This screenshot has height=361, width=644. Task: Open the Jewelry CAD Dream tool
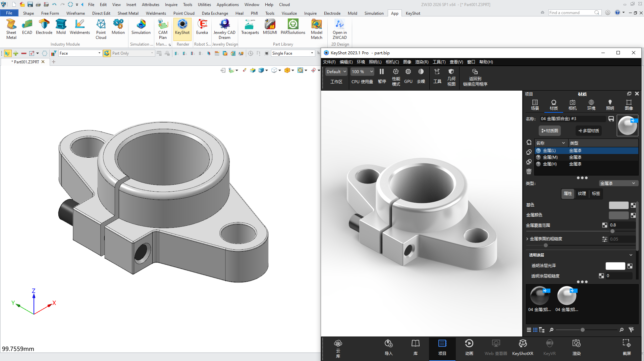point(224,29)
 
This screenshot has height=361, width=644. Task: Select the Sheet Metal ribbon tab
point(128,13)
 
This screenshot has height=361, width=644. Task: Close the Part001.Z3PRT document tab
point(43,62)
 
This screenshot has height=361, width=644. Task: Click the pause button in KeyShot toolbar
point(382,71)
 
